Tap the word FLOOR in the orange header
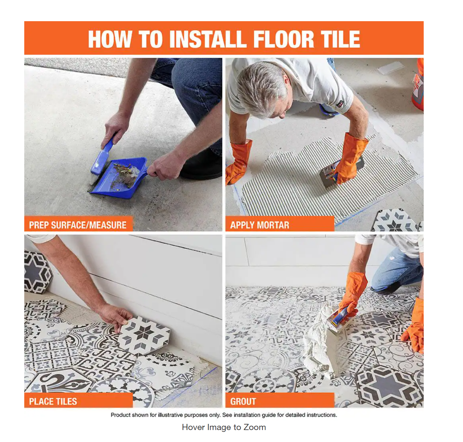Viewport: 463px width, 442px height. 284,39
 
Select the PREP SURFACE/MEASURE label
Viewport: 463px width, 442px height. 78,225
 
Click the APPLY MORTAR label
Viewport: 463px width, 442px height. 260,225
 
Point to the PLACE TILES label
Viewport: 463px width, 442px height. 53,401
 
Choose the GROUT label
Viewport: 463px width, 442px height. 243,401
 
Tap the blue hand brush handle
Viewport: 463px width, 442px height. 103,155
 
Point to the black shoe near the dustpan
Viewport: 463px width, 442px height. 201,166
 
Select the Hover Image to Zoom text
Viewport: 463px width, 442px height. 224,427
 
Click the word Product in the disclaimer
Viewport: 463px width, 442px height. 120,415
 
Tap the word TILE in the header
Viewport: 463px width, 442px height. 340,39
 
